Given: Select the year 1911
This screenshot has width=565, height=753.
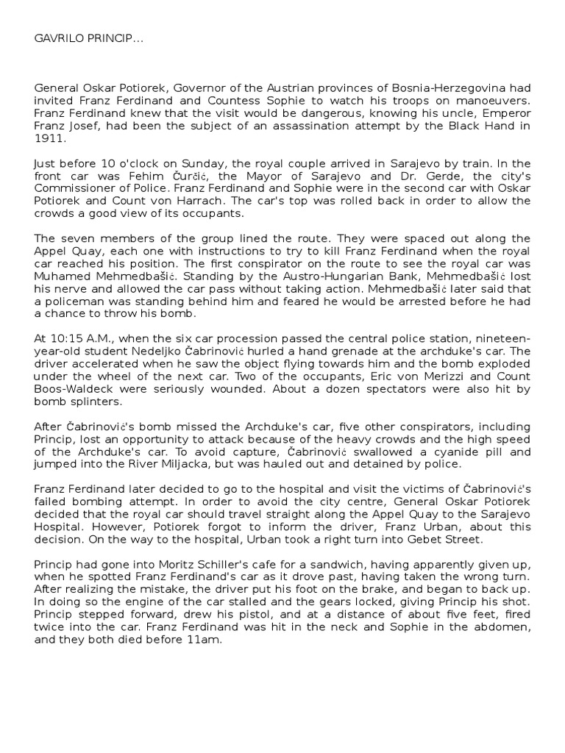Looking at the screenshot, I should point(50,137).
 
